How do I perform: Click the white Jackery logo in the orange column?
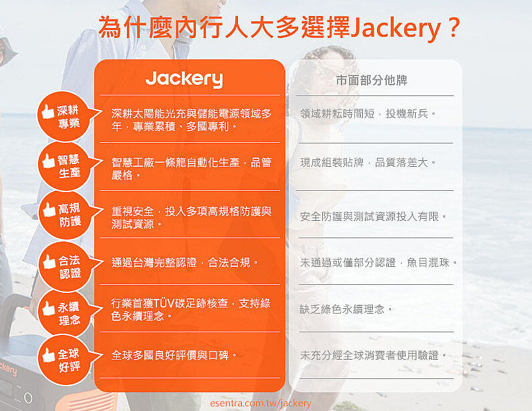[x=184, y=79]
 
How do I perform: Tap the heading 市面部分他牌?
[x=372, y=80]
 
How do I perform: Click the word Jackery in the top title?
[x=396, y=28]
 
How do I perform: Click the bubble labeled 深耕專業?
[x=64, y=116]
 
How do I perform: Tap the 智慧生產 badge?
[x=65, y=165]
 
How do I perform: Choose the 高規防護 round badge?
[x=65, y=215]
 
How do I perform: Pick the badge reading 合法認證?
[x=65, y=267]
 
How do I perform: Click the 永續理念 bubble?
[x=65, y=313]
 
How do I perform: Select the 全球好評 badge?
[x=65, y=360]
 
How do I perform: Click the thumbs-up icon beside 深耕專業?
[x=48, y=111]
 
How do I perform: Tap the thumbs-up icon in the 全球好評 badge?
[x=49, y=355]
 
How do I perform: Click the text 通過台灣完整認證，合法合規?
[x=184, y=263]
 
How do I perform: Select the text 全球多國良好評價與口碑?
[x=174, y=355]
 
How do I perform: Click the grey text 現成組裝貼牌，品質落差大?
[x=368, y=163]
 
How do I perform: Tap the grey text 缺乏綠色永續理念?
[x=346, y=309]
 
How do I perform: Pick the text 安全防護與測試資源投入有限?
[x=373, y=216]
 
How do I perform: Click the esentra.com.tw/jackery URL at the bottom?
[x=261, y=403]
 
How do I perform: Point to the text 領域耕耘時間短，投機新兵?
[x=368, y=113]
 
